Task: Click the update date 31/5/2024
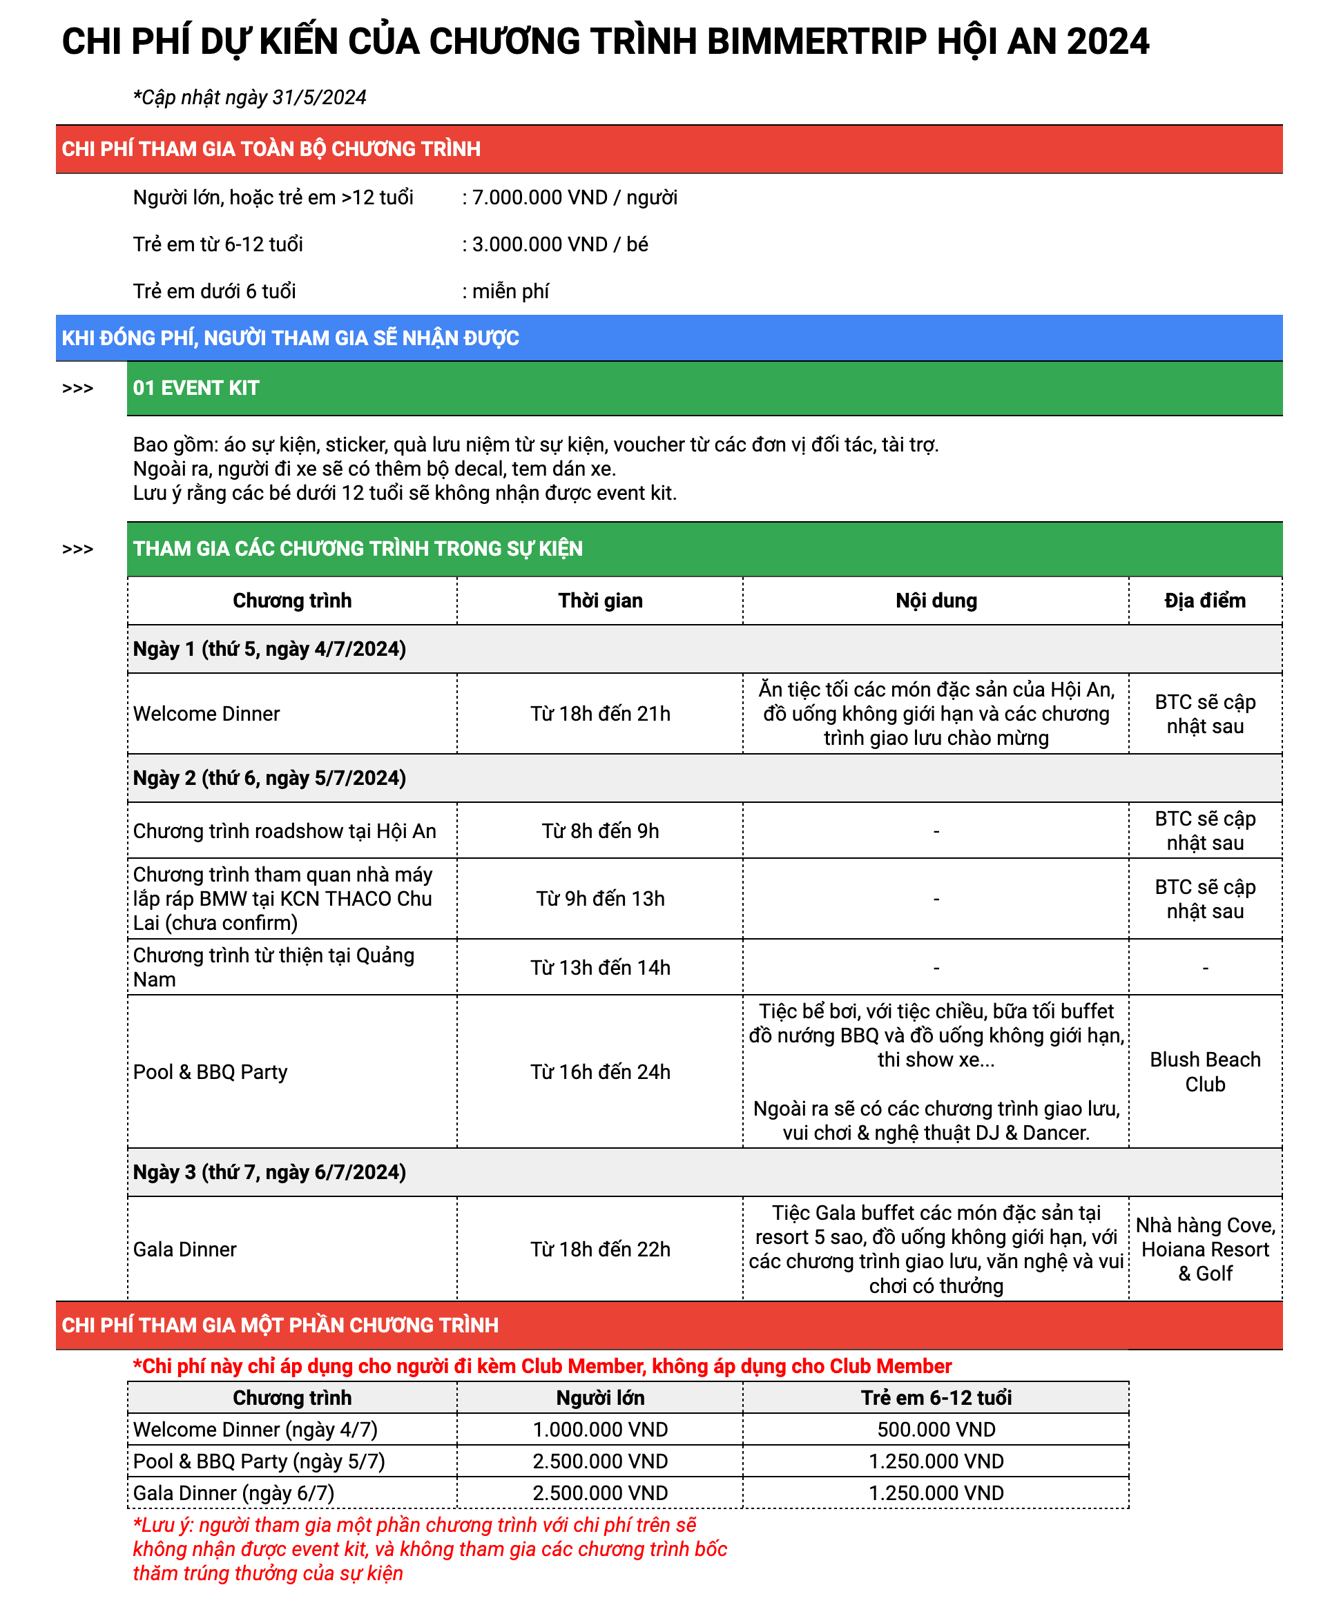(x=319, y=97)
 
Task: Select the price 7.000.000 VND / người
(x=574, y=197)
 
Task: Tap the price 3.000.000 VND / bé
(x=559, y=244)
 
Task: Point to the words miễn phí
(x=510, y=291)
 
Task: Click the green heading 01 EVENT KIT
(x=196, y=388)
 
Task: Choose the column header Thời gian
(x=600, y=601)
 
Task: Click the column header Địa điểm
(x=1204, y=601)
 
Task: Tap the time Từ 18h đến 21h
(x=600, y=713)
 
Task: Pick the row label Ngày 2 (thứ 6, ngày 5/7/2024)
(x=269, y=778)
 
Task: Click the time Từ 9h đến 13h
(x=600, y=898)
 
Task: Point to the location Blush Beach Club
(x=1204, y=1071)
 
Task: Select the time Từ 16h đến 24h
(x=600, y=1071)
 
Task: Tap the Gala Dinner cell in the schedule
(x=184, y=1249)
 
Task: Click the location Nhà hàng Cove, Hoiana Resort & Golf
(x=1204, y=1249)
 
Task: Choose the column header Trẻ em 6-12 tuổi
(x=936, y=1397)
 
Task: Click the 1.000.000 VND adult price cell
(x=600, y=1430)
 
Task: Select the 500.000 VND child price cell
(x=936, y=1430)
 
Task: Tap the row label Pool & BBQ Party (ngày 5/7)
(x=258, y=1461)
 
